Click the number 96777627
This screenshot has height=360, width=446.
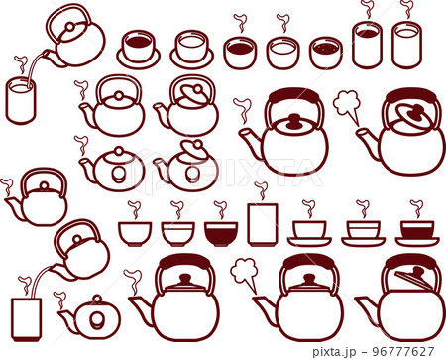point(403,351)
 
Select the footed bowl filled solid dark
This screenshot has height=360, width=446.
point(221,234)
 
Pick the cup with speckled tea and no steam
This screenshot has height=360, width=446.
point(326,53)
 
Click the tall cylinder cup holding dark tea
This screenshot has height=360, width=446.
point(367,45)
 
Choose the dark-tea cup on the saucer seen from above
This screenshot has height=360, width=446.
point(138,48)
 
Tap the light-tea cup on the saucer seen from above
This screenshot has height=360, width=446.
point(192,50)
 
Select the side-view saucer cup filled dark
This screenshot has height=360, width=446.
point(417,233)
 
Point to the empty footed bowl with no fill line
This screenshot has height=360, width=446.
point(135,234)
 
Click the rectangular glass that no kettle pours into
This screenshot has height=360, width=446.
point(263,224)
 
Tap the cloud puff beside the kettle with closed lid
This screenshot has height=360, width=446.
point(245,275)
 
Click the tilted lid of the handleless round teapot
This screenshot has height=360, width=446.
point(191,148)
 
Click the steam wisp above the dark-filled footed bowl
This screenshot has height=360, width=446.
point(220,209)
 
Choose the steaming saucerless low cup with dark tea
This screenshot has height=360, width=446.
point(240,53)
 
